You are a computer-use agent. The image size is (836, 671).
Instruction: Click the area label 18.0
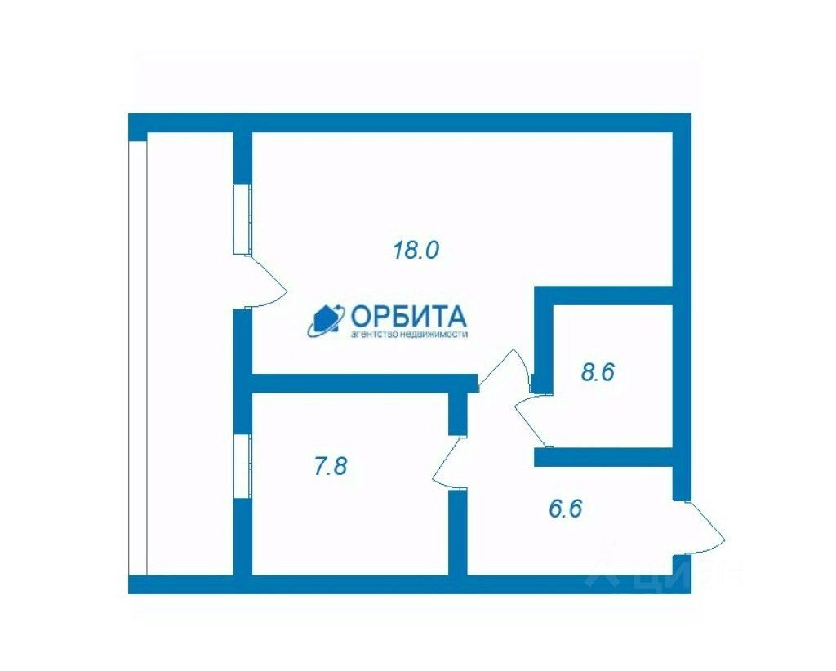tap(416, 250)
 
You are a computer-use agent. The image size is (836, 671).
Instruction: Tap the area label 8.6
tap(597, 372)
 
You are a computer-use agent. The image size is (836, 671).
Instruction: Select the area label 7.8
tap(331, 467)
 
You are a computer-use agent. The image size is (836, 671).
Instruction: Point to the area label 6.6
tap(565, 509)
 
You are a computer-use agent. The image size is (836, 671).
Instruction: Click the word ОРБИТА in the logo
tap(408, 316)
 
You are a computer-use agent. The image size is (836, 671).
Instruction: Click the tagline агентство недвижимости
tap(408, 335)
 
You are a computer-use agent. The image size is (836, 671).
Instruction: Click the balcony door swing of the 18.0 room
tap(265, 282)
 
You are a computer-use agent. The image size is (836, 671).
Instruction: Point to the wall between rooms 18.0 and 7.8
tap(359, 383)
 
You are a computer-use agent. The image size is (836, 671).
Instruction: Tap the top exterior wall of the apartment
tap(408, 122)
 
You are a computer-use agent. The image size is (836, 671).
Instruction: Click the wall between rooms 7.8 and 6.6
tap(458, 535)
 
